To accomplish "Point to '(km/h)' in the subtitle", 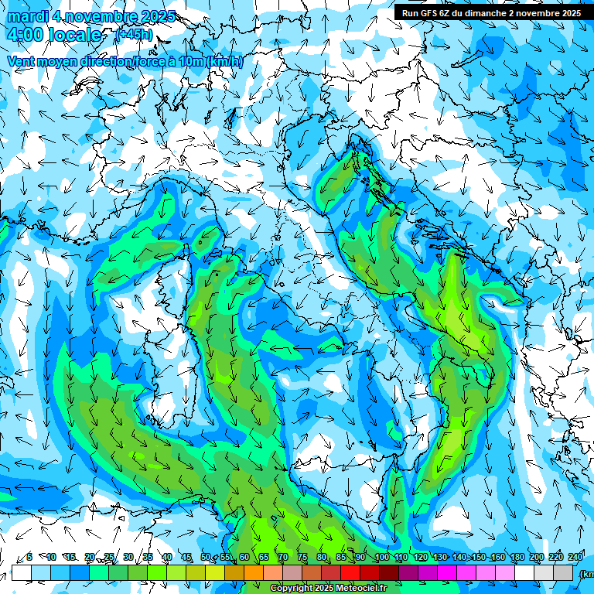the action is (225, 61).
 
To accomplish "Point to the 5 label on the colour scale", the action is (29, 558).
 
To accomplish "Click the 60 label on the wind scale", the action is (244, 558).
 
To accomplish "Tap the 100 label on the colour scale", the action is (381, 558).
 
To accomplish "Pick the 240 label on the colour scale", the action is (575, 558).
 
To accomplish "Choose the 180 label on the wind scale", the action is (517, 558).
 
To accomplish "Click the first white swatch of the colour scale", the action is (22, 572).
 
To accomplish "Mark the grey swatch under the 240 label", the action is (563, 572).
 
